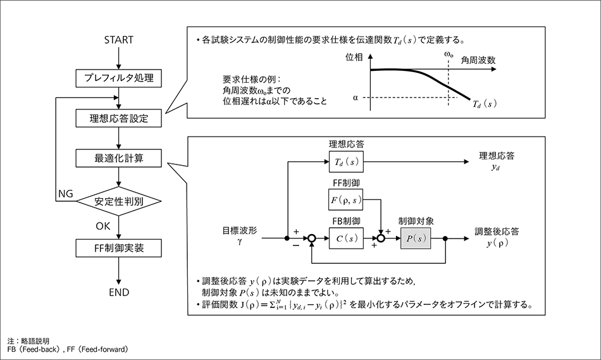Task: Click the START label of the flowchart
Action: (118, 40)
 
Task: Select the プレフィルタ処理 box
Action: (118, 78)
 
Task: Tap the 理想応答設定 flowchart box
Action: (118, 118)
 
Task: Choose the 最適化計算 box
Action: (118, 158)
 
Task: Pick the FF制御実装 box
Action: (118, 248)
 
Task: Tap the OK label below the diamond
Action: (103, 226)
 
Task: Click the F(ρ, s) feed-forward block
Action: (345, 201)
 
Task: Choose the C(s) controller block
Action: (345, 239)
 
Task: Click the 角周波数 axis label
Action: (477, 60)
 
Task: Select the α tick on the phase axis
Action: (356, 97)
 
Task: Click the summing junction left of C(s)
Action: (311, 239)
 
